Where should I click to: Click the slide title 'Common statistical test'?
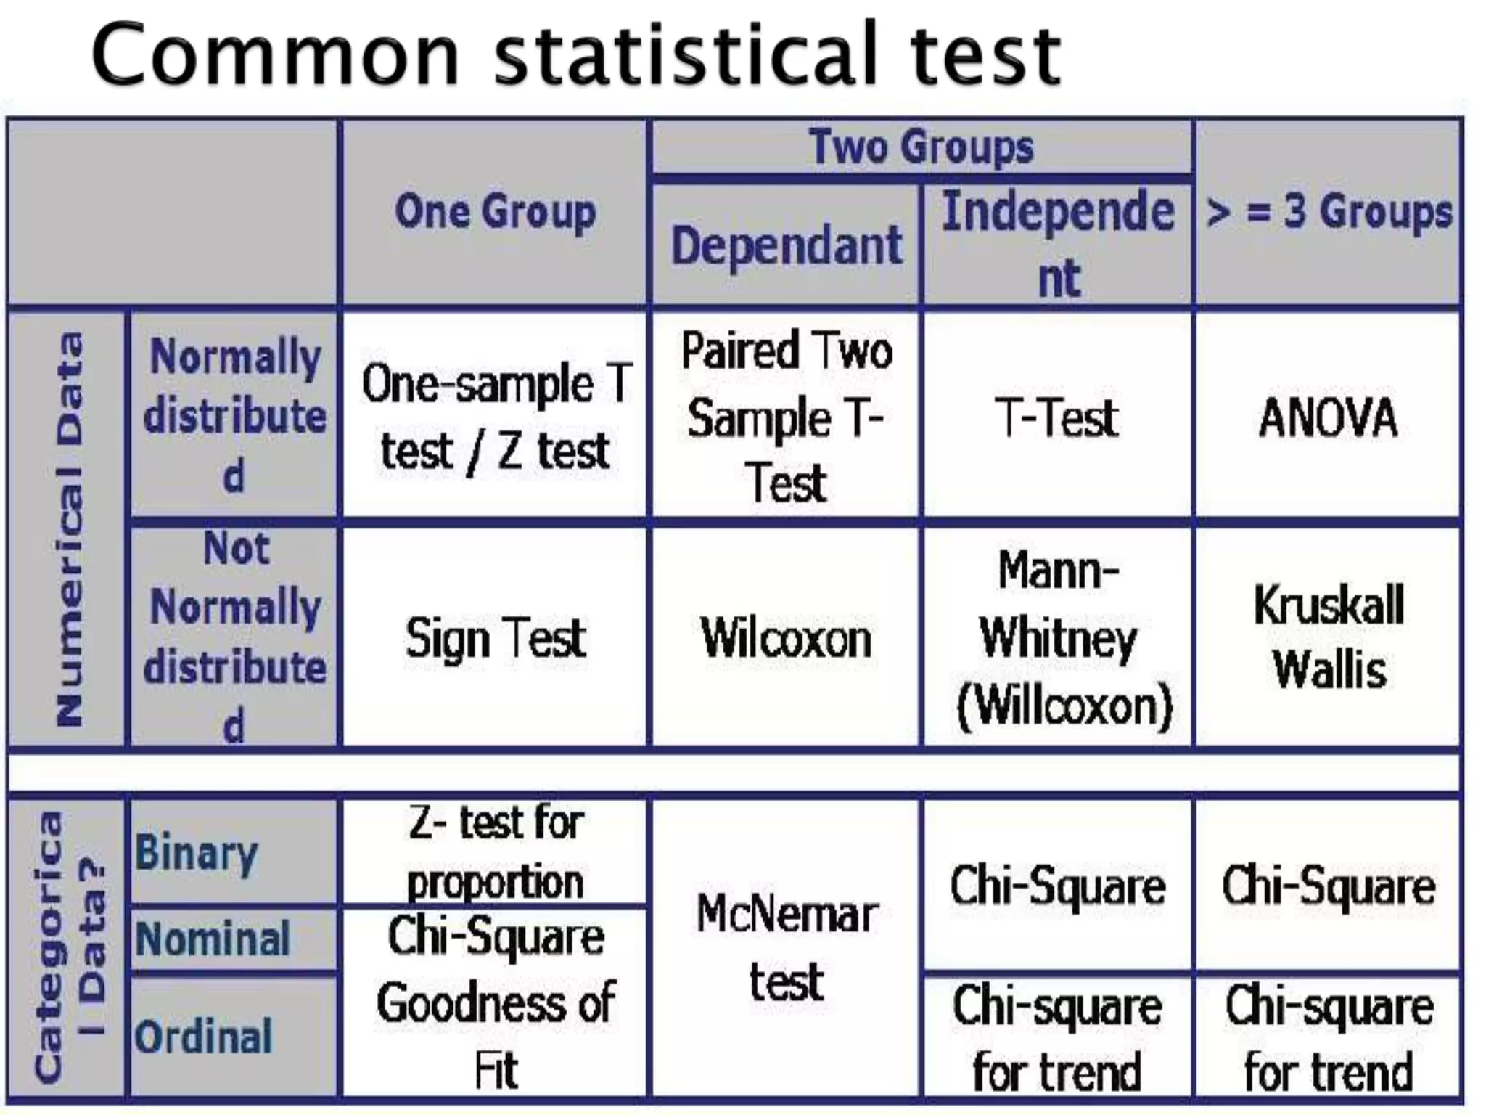[577, 54]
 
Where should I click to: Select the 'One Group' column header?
[495, 212]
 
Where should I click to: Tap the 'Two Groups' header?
[921, 147]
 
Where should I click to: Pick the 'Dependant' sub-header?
[787, 245]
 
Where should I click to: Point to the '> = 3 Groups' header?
[1329, 212]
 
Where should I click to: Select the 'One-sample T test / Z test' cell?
[495, 416]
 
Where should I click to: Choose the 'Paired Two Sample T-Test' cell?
[787, 416]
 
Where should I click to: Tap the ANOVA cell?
[1328, 417]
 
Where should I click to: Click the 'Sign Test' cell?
[495, 638]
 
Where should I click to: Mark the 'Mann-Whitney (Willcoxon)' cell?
[1059, 638]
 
